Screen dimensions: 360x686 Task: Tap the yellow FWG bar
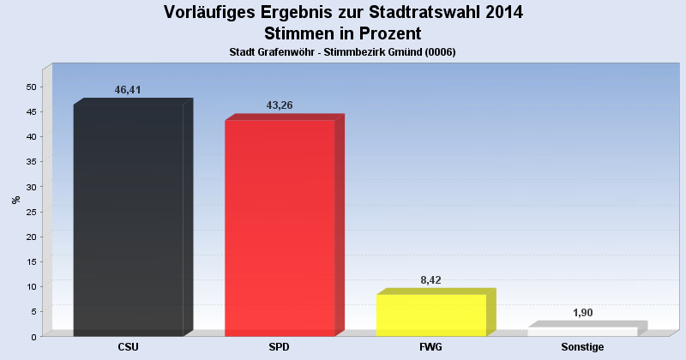[x=431, y=315]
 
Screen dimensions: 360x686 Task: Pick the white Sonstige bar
[x=582, y=332]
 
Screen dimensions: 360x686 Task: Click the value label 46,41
[x=128, y=90]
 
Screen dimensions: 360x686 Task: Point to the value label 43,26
[x=280, y=105]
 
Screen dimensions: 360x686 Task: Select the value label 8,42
[x=430, y=280]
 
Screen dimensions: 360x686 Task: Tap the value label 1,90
[x=582, y=313]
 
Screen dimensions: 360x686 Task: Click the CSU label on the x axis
[x=129, y=347]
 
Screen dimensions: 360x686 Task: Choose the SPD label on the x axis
[x=280, y=347]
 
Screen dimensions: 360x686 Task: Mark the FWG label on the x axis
[x=431, y=347]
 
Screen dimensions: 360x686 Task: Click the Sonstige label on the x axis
[x=582, y=347]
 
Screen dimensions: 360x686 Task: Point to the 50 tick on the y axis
[x=31, y=87]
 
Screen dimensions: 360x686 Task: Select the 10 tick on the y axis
[x=31, y=286]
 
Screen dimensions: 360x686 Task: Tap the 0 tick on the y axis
[x=33, y=337]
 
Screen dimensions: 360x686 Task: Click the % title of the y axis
[x=15, y=200]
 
